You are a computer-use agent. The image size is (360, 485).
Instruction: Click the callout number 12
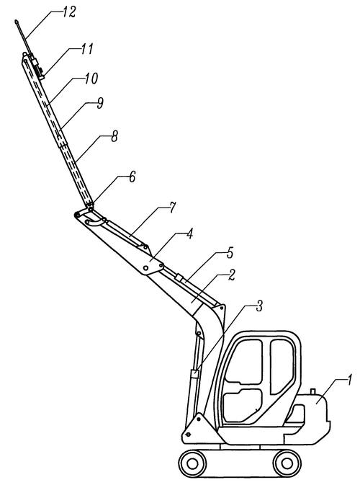[69, 12]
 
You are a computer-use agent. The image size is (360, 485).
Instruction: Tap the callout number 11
[87, 49]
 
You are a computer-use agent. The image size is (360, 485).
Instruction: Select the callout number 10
[91, 79]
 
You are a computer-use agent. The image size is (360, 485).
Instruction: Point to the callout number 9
[100, 103]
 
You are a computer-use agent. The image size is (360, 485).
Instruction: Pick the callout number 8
[114, 136]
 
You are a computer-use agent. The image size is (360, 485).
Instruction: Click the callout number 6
[132, 177]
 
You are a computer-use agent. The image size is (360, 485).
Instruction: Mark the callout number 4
[190, 233]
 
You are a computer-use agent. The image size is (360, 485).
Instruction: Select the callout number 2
[231, 275]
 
